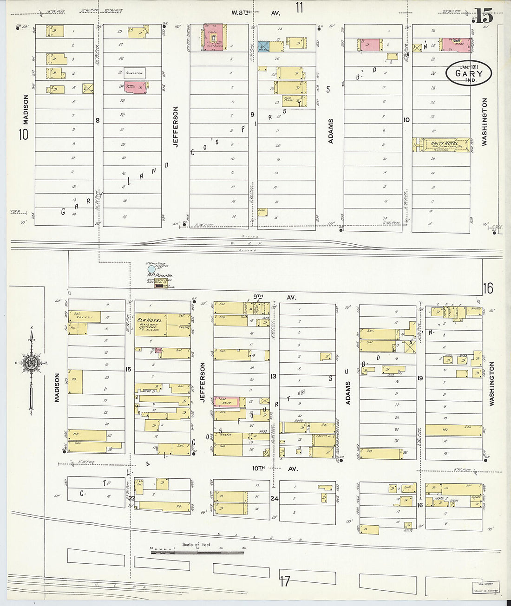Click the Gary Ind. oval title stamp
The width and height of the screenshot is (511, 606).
[x=468, y=73]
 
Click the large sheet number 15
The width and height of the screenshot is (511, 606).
[x=482, y=17]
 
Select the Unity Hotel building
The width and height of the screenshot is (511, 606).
[x=441, y=145]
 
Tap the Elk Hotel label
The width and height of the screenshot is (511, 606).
[x=149, y=320]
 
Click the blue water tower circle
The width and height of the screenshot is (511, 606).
[x=151, y=269]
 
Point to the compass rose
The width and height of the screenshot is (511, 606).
[x=31, y=363]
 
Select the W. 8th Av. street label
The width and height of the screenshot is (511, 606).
[x=256, y=13]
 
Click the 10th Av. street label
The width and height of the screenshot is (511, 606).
[x=275, y=469]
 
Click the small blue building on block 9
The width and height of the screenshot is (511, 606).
[x=263, y=46]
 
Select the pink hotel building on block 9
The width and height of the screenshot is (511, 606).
[x=213, y=37]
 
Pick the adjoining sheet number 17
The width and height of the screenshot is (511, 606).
[x=284, y=581]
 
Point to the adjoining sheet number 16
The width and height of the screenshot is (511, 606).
[x=487, y=288]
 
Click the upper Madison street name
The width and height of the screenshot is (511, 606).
[x=26, y=109]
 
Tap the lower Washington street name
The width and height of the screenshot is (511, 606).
[x=491, y=384]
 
